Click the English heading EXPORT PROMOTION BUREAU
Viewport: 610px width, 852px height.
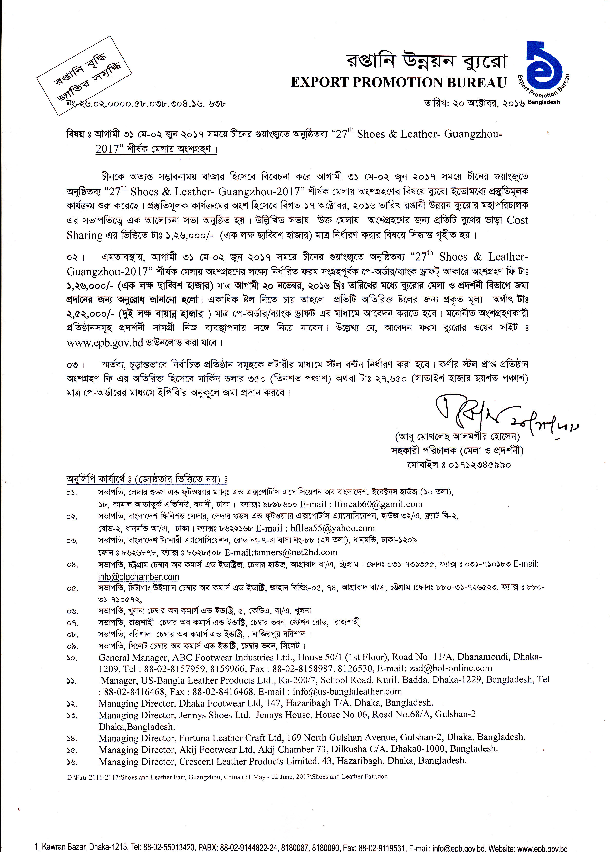tap(399, 82)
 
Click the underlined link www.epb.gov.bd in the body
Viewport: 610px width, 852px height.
tap(105, 343)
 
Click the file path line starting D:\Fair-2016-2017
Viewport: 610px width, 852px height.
tap(227, 776)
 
